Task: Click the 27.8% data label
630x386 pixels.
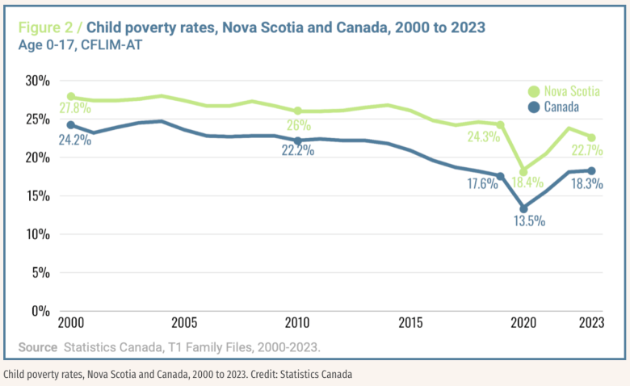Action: coord(73,109)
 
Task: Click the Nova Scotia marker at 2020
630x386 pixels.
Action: coord(524,170)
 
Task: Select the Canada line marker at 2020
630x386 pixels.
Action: coord(524,208)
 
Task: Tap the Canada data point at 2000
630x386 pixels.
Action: coord(72,125)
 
